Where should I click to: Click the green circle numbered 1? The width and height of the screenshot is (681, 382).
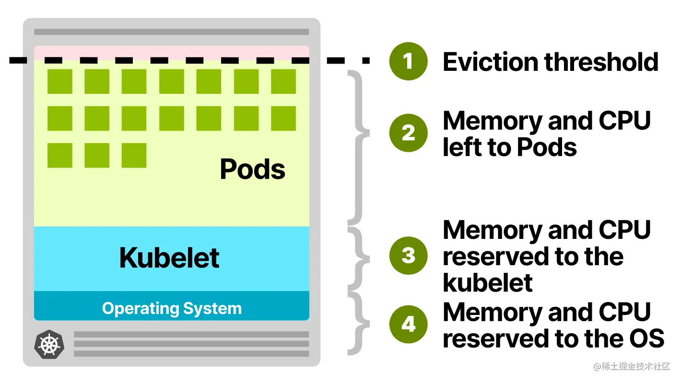click(x=408, y=61)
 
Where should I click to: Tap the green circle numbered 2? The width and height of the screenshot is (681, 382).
click(x=408, y=133)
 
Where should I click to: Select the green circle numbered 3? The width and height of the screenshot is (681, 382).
click(x=408, y=255)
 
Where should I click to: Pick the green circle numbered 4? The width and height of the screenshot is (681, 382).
click(x=408, y=324)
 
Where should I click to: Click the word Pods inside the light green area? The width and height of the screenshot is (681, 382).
click(x=252, y=169)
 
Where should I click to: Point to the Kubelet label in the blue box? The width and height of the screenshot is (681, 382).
click(x=169, y=258)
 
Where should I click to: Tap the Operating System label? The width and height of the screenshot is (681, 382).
click(x=172, y=308)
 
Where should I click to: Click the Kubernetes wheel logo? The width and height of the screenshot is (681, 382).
click(x=49, y=344)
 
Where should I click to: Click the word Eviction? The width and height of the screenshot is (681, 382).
click(x=490, y=62)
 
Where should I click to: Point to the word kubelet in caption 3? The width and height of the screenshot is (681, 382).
click(x=488, y=282)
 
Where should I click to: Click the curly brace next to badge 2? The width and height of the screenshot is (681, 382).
click(x=360, y=147)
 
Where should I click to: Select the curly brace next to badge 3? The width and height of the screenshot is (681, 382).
click(x=360, y=258)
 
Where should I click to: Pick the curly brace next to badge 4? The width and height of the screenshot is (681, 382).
click(x=360, y=324)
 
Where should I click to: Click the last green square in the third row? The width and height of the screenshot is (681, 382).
click(x=134, y=155)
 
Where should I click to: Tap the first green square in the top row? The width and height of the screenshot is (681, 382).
click(x=59, y=81)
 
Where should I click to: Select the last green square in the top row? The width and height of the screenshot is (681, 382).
click(x=283, y=81)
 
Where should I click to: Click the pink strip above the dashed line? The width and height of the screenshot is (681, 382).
click(x=172, y=52)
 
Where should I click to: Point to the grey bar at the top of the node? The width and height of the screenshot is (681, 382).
click(x=172, y=32)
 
